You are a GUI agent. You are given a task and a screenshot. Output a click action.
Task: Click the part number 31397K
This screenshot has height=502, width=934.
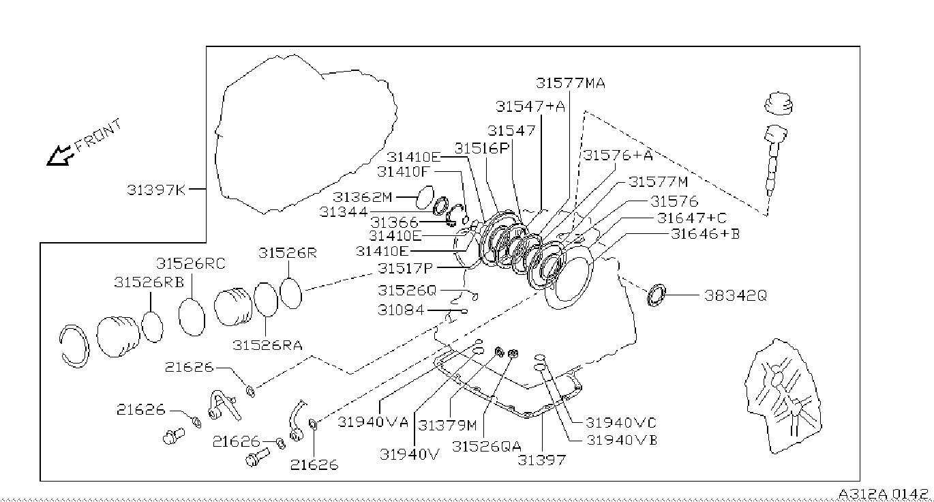pos(155,190)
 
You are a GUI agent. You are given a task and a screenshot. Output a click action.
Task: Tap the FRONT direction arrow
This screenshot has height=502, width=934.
pos(59,156)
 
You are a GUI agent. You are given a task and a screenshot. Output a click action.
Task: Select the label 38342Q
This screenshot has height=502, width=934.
pos(736,296)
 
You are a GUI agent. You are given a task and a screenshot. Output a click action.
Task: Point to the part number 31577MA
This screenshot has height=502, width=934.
pos(570,83)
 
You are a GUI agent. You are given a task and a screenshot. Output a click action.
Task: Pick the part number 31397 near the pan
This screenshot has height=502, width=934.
pos(541,460)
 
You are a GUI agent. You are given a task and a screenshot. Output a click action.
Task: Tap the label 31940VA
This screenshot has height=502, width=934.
pos(373,422)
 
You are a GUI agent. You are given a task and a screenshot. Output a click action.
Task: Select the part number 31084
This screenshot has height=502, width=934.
pos(400,310)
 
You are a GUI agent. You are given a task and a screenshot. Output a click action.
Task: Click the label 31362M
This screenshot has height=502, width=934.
pos(363,197)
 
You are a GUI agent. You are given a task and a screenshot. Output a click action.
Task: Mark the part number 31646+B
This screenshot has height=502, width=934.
pos(705,233)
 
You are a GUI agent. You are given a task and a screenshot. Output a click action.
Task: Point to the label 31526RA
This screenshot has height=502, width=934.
pos(267,344)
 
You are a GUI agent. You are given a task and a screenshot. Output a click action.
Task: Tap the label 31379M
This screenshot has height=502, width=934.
pos(448,425)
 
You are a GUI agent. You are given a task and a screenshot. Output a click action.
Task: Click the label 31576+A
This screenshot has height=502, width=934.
pos(617,155)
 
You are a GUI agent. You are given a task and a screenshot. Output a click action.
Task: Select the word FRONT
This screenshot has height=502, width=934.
pos(99,134)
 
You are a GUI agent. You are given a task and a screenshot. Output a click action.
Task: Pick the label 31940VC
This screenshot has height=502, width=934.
pos(621,423)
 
